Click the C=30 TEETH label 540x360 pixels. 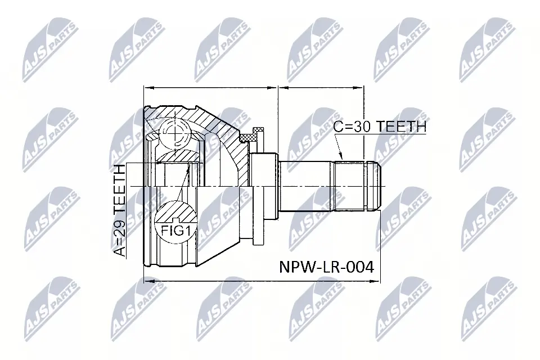click(380, 127)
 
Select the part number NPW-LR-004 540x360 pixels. click(326, 267)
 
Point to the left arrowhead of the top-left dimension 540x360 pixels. click(147, 88)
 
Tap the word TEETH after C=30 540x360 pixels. click(401, 127)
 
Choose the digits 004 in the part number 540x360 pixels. click(361, 267)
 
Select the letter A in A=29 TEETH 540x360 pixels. click(121, 251)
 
